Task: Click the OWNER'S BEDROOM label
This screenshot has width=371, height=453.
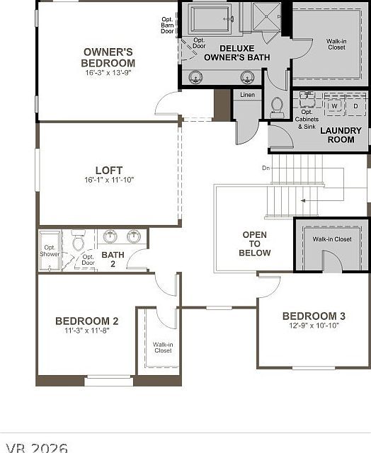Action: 108,57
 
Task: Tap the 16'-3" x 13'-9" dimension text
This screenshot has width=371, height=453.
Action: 108,72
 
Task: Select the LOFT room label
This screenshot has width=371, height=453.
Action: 109,170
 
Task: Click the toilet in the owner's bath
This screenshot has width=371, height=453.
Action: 277,106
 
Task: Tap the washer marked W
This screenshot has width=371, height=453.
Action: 333,106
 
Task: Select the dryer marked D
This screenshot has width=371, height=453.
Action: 355,106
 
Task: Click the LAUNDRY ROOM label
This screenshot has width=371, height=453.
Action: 341,134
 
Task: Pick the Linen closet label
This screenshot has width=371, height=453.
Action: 247,94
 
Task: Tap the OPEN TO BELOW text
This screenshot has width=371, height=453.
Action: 254,243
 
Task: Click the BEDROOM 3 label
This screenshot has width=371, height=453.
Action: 314,316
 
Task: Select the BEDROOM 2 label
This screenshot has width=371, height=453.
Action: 86,321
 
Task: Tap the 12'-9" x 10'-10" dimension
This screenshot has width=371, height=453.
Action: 314,326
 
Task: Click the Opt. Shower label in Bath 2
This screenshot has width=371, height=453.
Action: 50,251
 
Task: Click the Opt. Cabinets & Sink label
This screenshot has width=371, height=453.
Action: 308,116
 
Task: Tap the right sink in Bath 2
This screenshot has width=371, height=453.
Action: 133,236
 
